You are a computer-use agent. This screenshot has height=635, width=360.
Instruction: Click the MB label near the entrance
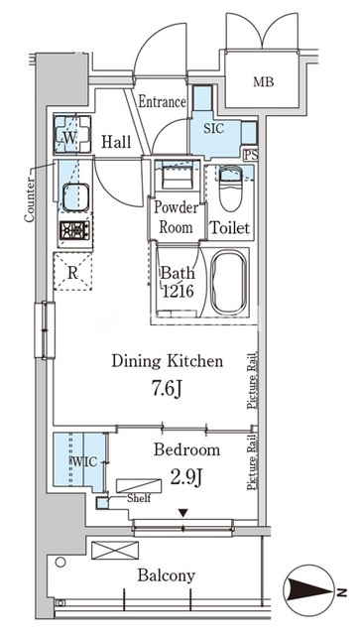264,81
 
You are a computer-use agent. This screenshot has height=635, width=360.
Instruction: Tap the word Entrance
162,102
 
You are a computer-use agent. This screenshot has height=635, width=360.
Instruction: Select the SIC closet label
213,129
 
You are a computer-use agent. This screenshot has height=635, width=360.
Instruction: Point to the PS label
252,155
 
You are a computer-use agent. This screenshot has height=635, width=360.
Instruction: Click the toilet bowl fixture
230,189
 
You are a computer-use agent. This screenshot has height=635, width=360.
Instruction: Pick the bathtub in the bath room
228,282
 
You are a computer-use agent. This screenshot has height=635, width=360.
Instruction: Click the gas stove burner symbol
75,231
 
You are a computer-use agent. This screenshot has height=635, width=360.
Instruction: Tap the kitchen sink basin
75,197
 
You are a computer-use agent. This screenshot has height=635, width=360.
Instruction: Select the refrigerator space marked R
72,272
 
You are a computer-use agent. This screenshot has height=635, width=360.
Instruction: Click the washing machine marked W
71,135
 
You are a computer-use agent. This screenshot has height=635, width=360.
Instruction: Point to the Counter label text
29,198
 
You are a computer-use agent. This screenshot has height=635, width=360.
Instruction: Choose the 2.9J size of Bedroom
186,478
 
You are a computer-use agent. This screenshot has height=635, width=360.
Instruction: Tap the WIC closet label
85,461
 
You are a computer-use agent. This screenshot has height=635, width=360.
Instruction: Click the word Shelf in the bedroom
139,498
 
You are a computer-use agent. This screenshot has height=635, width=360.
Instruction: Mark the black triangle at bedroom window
183,513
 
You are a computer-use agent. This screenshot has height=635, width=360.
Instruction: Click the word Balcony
167,575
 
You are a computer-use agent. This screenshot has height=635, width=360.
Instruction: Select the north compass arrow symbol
310,593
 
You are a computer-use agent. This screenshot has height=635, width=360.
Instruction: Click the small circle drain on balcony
60,563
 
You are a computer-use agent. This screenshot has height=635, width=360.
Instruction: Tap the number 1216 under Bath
179,291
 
